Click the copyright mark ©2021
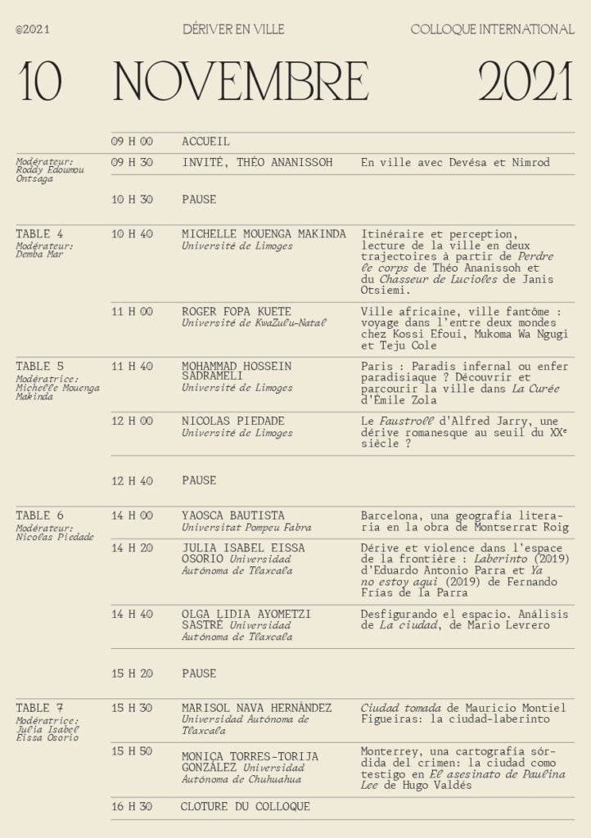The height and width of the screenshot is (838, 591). [x=33, y=29]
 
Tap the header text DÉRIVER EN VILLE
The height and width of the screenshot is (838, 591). [x=234, y=29]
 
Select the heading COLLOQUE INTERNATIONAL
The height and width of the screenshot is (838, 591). [x=492, y=29]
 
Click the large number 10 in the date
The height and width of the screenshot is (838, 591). [x=41, y=82]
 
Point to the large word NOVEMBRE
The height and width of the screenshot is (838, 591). [x=241, y=82]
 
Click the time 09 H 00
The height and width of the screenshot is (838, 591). [x=132, y=142]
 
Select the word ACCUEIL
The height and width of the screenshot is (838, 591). [x=205, y=142]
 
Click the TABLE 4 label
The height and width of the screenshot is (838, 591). [x=39, y=234]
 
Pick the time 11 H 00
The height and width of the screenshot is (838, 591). [x=132, y=312]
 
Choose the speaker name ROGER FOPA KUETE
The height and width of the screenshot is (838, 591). [x=237, y=312]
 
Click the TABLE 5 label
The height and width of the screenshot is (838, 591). [x=39, y=367]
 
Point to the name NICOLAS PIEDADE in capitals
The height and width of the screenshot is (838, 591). [x=233, y=421]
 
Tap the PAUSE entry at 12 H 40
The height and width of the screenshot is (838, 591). [x=199, y=480]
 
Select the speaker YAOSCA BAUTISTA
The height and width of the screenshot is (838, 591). [x=233, y=516]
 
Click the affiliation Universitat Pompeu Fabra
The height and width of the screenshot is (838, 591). [x=246, y=528]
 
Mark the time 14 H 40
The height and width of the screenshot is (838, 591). [x=132, y=614]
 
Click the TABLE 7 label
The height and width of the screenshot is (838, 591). [x=39, y=708]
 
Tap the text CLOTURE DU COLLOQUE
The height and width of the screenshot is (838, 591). [x=246, y=806]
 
